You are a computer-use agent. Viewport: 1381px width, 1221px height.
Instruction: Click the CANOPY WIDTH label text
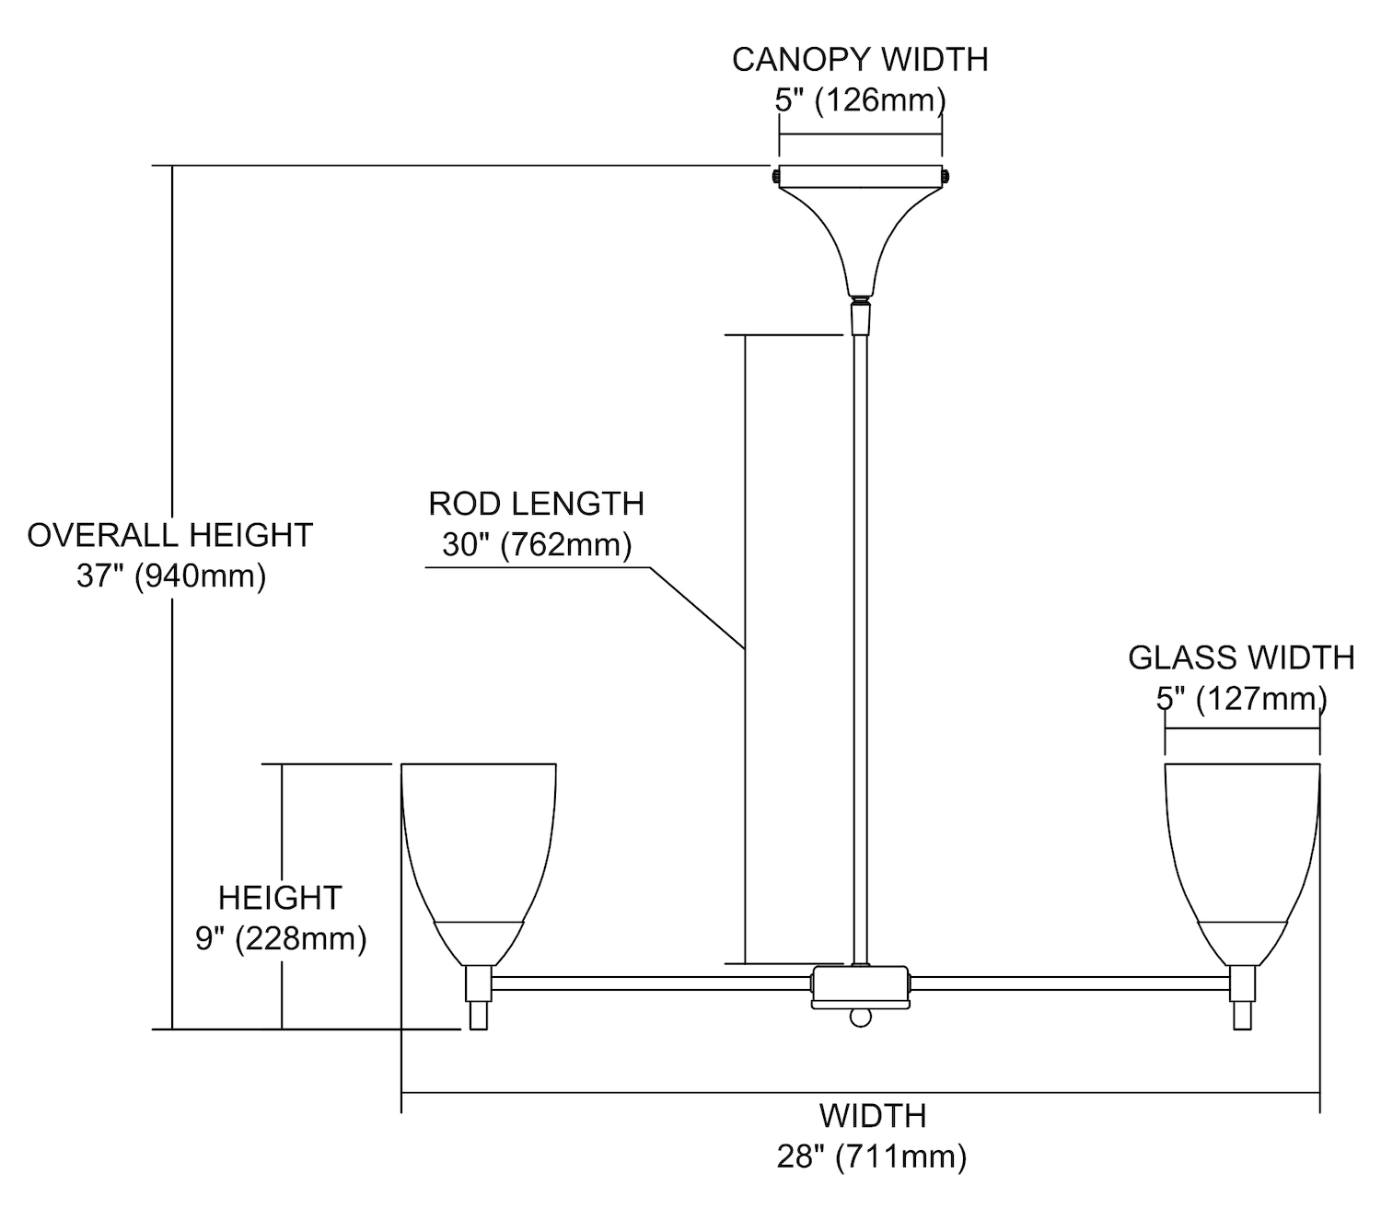860,60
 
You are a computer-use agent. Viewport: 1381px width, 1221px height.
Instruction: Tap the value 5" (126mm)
860,99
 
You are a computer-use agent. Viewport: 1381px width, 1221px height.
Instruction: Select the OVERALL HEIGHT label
170,535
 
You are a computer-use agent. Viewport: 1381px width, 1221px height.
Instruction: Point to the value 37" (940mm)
171,576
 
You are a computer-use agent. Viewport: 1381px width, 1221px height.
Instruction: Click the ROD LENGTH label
536,504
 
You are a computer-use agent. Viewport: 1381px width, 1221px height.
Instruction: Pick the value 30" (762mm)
537,545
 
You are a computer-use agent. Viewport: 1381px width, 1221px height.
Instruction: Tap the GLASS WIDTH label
1241,657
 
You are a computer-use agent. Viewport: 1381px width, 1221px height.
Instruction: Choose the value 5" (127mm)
1241,699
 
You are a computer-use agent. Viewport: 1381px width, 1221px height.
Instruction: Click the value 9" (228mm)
281,938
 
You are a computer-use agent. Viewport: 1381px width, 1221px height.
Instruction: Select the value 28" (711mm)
872,1157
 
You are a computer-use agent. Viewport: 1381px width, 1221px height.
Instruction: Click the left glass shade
479,847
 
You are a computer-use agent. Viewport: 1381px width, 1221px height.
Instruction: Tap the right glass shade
1241,847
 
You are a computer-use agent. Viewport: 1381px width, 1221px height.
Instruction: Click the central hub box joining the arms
860,986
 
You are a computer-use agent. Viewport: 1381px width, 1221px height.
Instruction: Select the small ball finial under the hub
860,1017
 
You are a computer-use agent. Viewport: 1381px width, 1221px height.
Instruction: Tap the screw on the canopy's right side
946,175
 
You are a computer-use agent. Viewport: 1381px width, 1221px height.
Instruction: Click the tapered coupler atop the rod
860,319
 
